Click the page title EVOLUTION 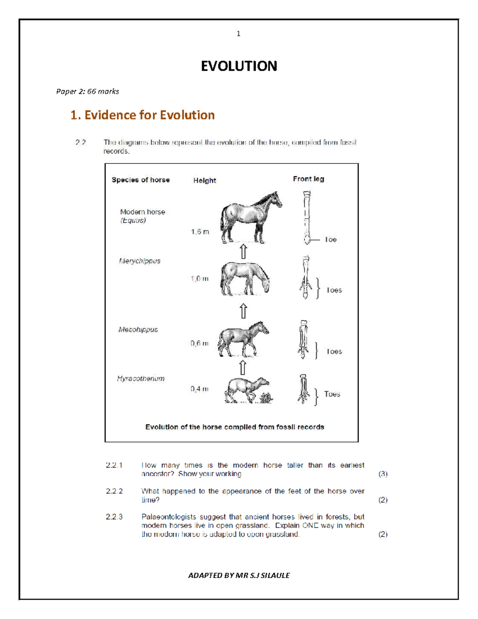point(239,66)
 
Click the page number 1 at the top point(238,34)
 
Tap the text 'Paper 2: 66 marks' point(88,91)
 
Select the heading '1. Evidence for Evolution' point(142,115)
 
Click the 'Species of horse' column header point(141,180)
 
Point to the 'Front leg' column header point(308,179)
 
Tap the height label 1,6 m point(200,232)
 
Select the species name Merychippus point(139,261)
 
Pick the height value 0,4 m point(199,389)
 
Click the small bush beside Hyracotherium point(266,397)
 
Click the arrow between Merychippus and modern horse point(243,252)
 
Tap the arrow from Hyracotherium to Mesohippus point(243,367)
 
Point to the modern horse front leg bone point(306,217)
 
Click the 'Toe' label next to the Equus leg point(331,240)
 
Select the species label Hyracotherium point(141,379)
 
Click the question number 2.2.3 point(114,517)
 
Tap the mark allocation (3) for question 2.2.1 point(383,474)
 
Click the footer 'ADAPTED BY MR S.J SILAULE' point(239,575)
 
